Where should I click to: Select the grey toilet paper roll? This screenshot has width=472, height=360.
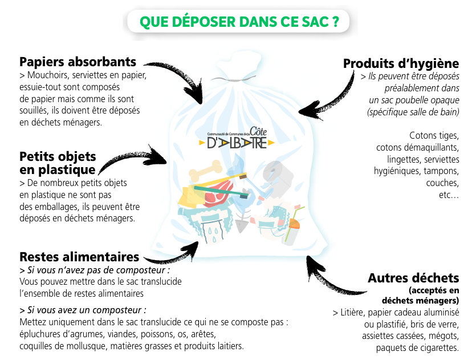click(276, 171)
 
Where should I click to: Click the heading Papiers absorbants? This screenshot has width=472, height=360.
click(78, 62)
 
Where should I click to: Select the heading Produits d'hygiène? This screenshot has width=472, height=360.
click(401, 63)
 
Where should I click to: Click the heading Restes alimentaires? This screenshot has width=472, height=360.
click(79, 257)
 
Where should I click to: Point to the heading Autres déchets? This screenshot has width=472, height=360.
click(413, 278)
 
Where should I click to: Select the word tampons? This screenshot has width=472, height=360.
click(438, 171)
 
